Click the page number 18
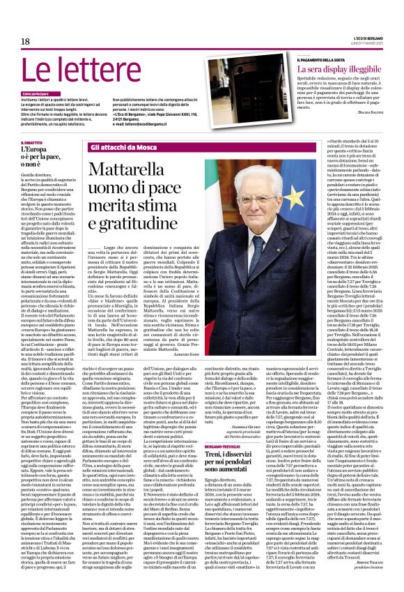pos(25,42)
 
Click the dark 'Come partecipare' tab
pos(37,93)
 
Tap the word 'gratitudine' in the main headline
pos(135,222)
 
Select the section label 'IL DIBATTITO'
pos(32,143)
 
